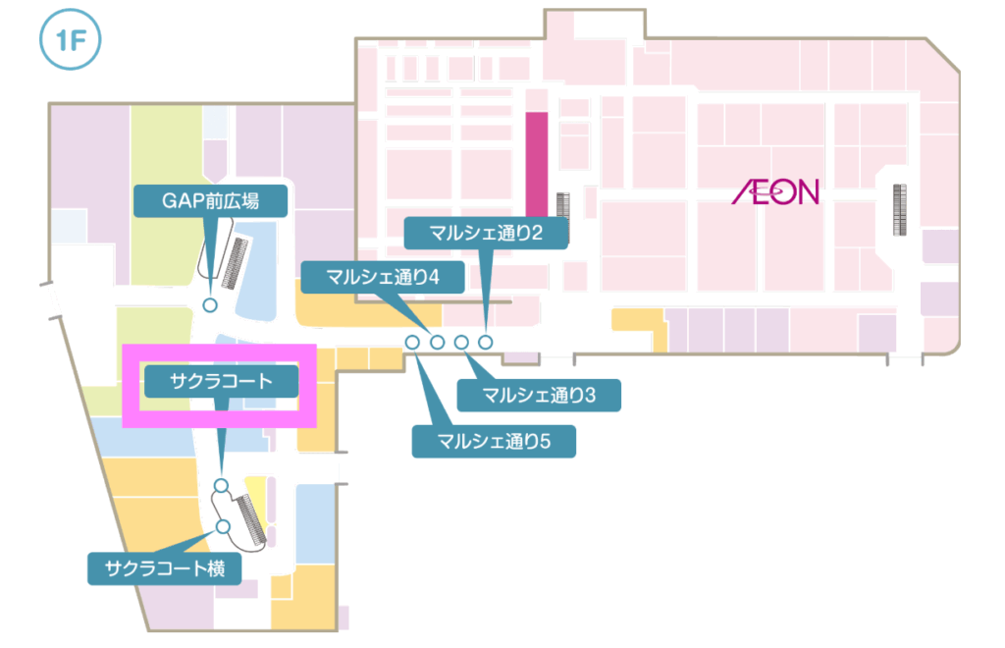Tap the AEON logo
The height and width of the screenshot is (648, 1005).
pyautogui.click(x=775, y=190)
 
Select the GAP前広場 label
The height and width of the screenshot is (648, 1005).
pyautogui.click(x=211, y=201)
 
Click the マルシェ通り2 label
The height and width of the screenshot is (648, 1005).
pyautogui.click(x=486, y=233)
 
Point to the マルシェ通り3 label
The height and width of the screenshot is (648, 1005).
pyautogui.click(x=540, y=396)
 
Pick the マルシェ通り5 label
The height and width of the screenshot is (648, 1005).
pyautogui.click(x=493, y=441)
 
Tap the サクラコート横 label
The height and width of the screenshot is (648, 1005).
pyautogui.click(x=164, y=568)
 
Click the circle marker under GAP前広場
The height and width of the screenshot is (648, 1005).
pyautogui.click(x=209, y=305)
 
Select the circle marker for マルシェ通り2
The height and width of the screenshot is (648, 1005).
pyautogui.click(x=486, y=342)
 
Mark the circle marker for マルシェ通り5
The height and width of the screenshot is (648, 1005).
pyautogui.click(x=413, y=342)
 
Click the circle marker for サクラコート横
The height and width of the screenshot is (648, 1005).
pyautogui.click(x=223, y=527)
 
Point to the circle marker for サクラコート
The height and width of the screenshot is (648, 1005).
pyautogui.click(x=221, y=485)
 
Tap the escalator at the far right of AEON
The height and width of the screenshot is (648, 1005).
pyautogui.click(x=898, y=209)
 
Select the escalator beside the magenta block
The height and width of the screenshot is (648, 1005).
pyautogui.click(x=563, y=204)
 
